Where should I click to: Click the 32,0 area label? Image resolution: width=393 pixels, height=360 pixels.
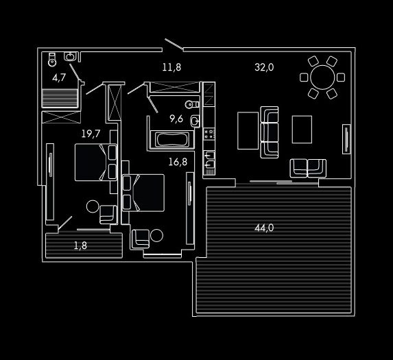coord(264,67)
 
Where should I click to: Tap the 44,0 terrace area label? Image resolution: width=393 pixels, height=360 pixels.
coord(264,228)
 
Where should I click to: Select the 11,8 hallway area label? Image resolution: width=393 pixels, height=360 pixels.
coord(171,67)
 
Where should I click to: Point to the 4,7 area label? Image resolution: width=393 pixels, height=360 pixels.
coord(59,78)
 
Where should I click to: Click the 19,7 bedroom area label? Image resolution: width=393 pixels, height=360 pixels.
coord(91,134)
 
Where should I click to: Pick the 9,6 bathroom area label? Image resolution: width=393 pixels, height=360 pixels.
coord(176,119)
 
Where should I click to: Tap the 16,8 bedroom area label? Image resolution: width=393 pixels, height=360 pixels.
coord(178,162)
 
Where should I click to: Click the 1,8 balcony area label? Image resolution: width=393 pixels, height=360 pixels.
coord(80,245)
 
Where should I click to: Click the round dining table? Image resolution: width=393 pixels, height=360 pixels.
coord(322,77)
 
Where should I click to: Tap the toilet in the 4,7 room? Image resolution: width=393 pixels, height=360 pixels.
coord(52,60)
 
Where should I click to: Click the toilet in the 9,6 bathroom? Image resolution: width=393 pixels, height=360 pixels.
coord(192,104)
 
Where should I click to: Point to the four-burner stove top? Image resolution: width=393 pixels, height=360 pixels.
coord(209,134)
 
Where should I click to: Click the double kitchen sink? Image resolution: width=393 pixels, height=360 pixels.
coord(209,160)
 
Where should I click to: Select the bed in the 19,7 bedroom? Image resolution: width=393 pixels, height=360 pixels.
coord(96,162)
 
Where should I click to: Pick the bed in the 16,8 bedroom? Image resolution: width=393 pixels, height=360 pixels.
coord(143,193)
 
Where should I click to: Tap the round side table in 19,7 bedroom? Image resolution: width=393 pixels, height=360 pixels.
coord(93,206)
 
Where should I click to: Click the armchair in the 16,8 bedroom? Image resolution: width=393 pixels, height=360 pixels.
coord(141,239)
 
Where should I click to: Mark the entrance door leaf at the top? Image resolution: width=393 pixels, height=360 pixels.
coord(174,44)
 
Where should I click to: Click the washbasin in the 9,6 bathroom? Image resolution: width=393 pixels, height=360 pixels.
coord(195,121)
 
